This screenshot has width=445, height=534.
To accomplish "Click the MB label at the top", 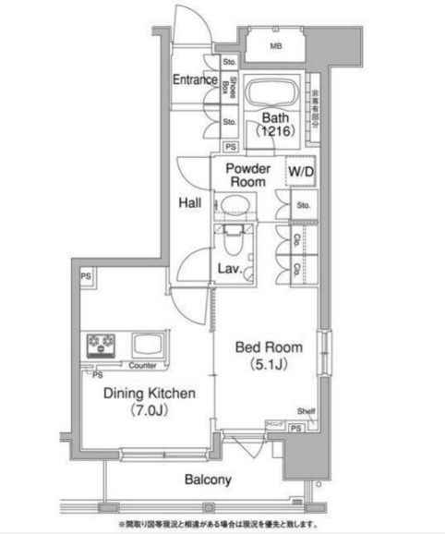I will click(x=275, y=45).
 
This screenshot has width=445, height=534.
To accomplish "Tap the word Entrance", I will click(x=194, y=80).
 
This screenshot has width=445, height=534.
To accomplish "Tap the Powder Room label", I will click(x=247, y=175).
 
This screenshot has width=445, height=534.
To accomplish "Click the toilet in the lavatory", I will click(x=235, y=244).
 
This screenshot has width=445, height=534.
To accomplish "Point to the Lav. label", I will click(x=229, y=269).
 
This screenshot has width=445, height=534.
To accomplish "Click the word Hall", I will click(x=191, y=205).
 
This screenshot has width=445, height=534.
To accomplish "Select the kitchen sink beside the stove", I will click(x=146, y=346).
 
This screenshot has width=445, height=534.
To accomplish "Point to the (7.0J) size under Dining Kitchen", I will click(x=149, y=410).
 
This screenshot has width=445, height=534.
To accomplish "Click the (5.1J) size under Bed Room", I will click(x=269, y=364).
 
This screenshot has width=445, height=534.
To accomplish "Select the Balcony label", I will click(x=206, y=480).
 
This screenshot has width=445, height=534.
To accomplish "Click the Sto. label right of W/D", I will click(x=303, y=206).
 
